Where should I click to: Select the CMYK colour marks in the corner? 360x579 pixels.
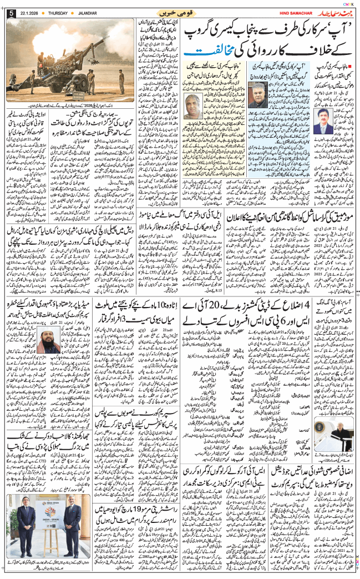click(x=348, y=3)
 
